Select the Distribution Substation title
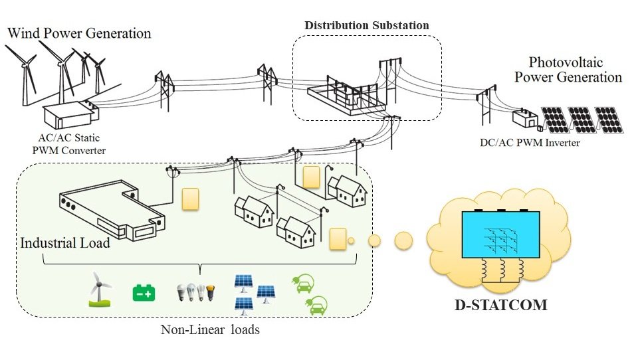(367, 25)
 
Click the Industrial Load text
(65, 243)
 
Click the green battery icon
(144, 292)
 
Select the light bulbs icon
(196, 292)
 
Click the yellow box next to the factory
(191, 199)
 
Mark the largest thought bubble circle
(403, 240)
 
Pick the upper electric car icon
(302, 286)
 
